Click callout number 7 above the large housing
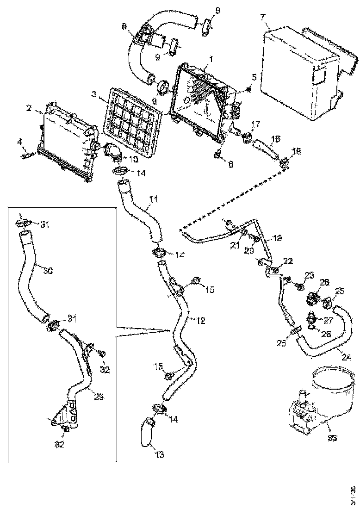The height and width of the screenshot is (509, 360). point(263,18)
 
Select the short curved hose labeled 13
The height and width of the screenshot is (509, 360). point(147,433)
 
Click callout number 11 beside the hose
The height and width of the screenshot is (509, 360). point(153,200)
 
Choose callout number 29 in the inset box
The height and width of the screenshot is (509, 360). point(99,397)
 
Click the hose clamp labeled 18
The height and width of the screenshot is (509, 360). point(285,161)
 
